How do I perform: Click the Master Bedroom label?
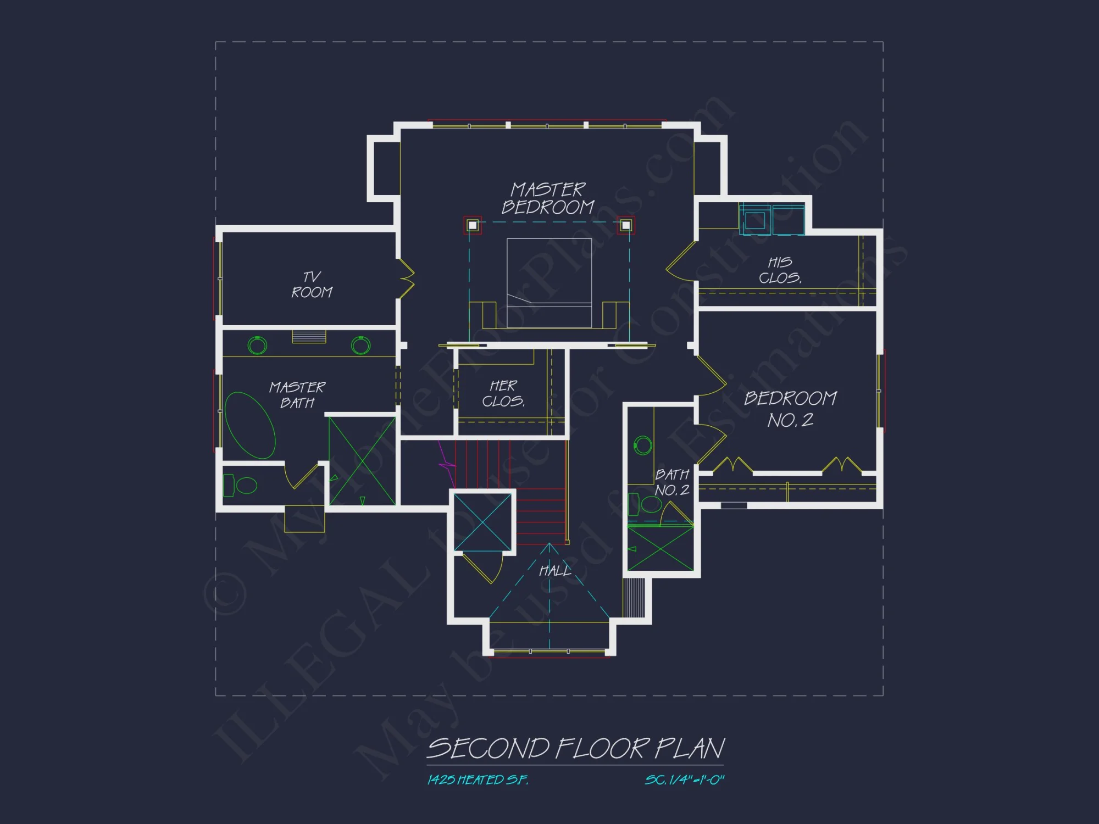(x=548, y=198)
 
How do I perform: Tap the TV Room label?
(x=312, y=285)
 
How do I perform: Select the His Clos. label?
(x=780, y=270)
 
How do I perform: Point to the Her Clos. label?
(x=503, y=393)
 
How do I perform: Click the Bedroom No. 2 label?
(x=790, y=409)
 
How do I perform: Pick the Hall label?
(x=555, y=571)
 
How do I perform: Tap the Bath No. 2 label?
(x=671, y=482)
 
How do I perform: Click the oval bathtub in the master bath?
(x=250, y=425)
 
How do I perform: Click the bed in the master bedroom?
(x=549, y=282)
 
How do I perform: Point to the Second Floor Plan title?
(x=575, y=749)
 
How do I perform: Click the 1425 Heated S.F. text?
(x=478, y=780)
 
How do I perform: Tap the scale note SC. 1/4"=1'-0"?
(x=685, y=780)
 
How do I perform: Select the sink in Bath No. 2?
(x=643, y=444)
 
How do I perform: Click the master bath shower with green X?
(x=362, y=461)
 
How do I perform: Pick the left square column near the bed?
(x=473, y=225)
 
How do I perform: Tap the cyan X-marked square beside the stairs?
(x=483, y=522)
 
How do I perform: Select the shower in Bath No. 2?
(x=660, y=549)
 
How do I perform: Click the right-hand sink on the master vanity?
(x=360, y=345)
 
